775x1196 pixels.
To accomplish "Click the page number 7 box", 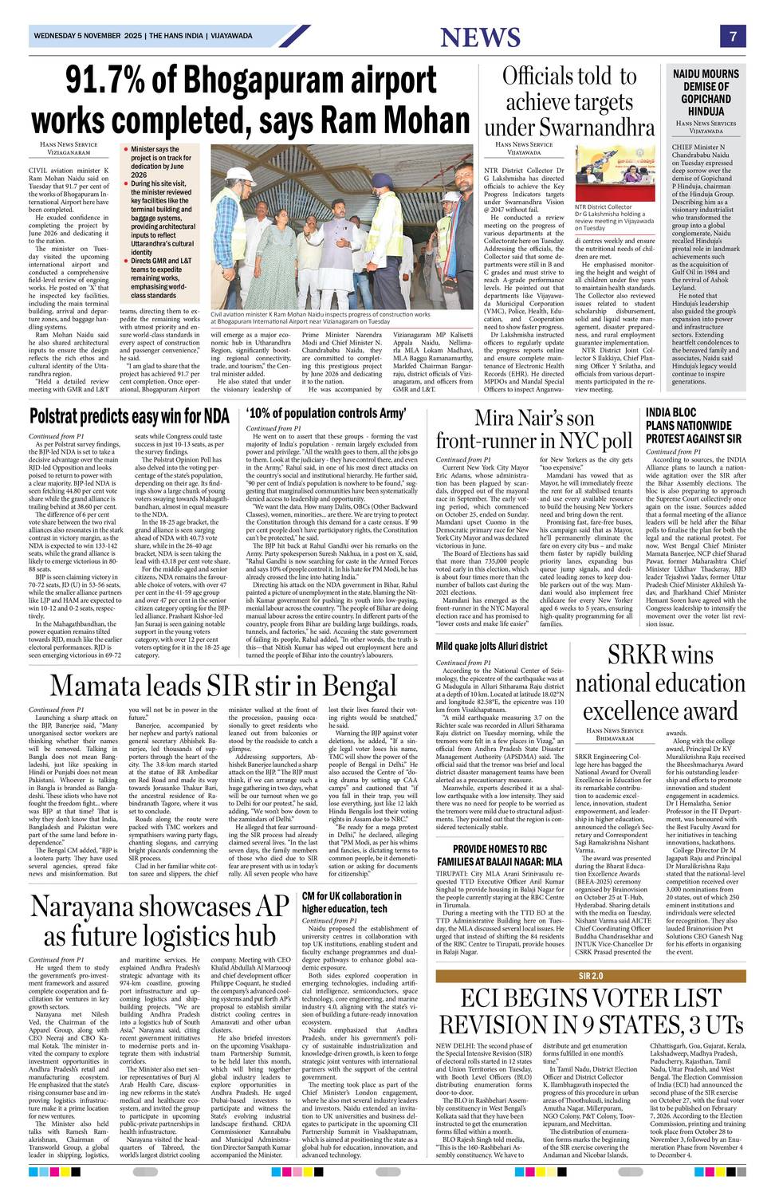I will [731, 37].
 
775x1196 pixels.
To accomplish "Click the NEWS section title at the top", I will [480, 37].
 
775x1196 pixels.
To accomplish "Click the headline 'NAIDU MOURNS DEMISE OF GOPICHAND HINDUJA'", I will [706, 92].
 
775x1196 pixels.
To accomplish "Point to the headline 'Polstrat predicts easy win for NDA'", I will [129, 415].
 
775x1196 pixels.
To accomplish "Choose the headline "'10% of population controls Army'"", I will [327, 413].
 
